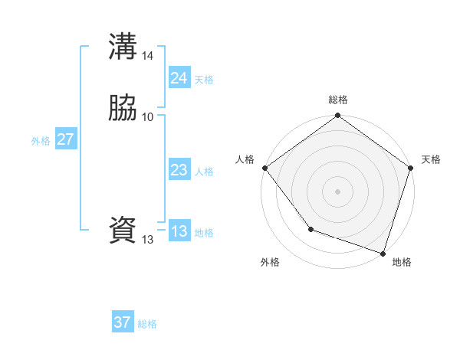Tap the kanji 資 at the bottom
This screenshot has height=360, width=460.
click(123, 231)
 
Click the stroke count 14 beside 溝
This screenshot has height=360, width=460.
click(148, 56)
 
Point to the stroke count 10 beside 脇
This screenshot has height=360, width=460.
click(148, 117)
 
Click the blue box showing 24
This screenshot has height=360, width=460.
click(179, 78)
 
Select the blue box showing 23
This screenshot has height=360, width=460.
click(179, 171)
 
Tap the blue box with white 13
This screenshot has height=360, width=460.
click(179, 231)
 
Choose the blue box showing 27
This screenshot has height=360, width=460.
click(65, 139)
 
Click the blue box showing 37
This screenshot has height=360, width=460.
click(122, 322)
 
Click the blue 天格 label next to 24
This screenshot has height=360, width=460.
click(204, 80)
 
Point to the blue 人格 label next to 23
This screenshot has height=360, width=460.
click(204, 172)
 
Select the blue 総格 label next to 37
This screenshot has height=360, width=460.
click(147, 324)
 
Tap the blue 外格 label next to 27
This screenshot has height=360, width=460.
click(41, 141)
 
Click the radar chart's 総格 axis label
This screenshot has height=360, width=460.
click(337, 100)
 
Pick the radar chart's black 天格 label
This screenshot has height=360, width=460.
click(431, 159)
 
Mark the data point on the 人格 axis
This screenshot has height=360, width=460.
click(264, 168)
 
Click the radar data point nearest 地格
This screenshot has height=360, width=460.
click(383, 253)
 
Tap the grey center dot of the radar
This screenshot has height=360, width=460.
click(337, 191)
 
